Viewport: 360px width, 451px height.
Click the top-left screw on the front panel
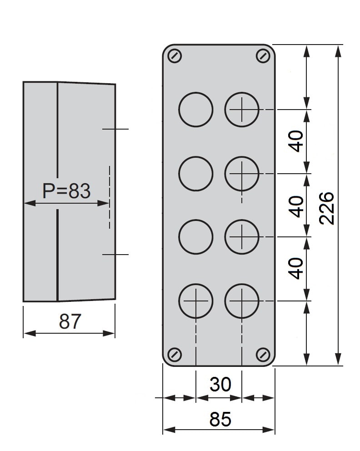[x=175, y=56]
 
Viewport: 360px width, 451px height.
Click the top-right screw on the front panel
[x=263, y=56]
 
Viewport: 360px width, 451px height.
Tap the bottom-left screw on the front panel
[x=175, y=354]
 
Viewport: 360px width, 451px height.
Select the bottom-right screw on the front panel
[x=263, y=354]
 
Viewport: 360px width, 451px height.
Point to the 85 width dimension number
[x=220, y=419]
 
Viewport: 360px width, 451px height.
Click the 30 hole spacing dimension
[x=220, y=384]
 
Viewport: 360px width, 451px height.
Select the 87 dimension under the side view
[x=70, y=321]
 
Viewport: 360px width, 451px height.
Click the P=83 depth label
[x=66, y=190]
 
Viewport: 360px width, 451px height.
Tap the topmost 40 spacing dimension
[x=296, y=141]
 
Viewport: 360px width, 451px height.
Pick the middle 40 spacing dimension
[x=296, y=206]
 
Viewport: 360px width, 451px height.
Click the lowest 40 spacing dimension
[x=296, y=268]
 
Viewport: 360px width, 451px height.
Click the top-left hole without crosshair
[x=196, y=109]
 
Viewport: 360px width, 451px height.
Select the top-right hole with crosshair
[x=242, y=109]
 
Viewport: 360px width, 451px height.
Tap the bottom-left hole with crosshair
[x=196, y=301]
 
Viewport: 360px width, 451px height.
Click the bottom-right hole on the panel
[x=242, y=301]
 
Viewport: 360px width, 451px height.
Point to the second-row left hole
[x=196, y=173]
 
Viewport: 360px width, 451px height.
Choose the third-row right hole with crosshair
[x=242, y=237]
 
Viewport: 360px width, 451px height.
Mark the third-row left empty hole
[x=196, y=237]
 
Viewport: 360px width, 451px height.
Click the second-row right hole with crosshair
[x=242, y=173]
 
